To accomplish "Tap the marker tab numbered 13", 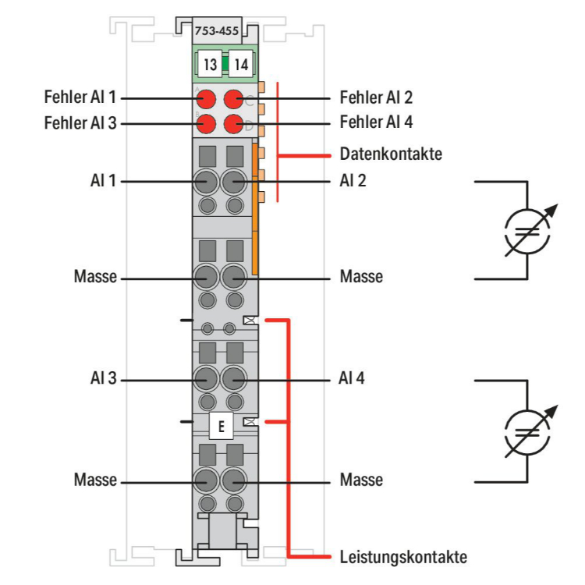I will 209,64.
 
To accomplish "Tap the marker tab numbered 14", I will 240,64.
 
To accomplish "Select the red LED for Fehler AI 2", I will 234,99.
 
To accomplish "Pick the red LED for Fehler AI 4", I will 234,123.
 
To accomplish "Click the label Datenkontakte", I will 391,154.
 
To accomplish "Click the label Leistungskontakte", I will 403,557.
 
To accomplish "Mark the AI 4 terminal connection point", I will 233,380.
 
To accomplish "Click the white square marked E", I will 222,427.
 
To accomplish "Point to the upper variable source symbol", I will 527,229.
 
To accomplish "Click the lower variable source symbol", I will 527,431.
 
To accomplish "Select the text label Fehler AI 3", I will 81,123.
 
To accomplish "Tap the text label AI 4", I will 353,380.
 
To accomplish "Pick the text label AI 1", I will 102,181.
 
